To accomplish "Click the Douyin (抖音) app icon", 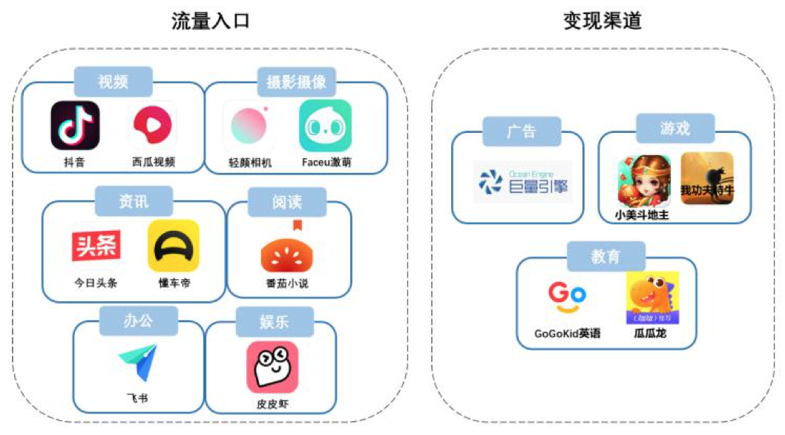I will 75,125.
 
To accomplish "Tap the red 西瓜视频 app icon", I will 153,125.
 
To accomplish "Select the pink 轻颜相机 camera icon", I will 249,125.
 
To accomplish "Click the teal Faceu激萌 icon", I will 325,125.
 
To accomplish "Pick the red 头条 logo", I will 96,246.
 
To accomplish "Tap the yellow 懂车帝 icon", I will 174,246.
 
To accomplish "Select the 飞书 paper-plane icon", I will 138,363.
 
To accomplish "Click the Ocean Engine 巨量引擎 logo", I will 523,182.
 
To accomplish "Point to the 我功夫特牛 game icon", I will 707,178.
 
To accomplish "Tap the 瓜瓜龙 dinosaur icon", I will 652,297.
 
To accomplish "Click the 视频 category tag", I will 114,82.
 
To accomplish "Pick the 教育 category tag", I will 605,256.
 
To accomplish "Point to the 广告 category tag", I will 522,131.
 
